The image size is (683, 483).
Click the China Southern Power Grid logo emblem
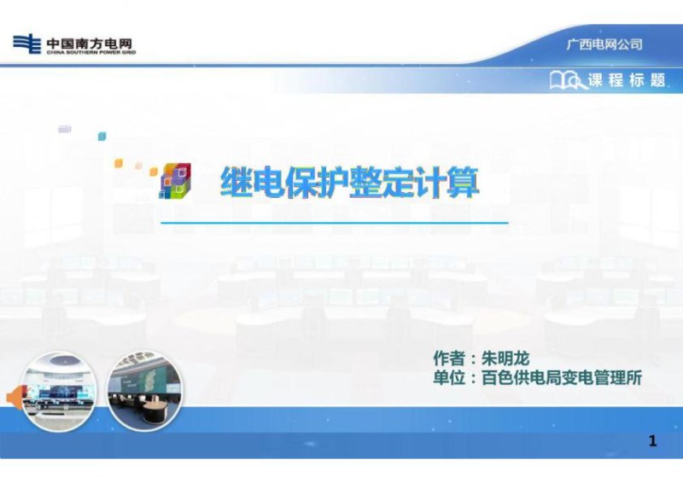coord(26,44)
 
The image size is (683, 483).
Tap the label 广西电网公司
coord(604,44)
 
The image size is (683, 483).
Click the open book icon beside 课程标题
coord(567,81)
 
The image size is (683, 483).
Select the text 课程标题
coord(627,81)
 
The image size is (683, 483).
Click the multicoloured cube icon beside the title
coord(175,181)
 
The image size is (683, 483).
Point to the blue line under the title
coord(335,223)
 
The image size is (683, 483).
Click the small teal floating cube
coord(102,136)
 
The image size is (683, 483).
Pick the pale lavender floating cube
coord(65,129)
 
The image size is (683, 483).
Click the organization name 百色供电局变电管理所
coord(562,378)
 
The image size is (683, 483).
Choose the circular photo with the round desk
coord(143,391)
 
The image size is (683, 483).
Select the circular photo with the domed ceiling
coord(59,391)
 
